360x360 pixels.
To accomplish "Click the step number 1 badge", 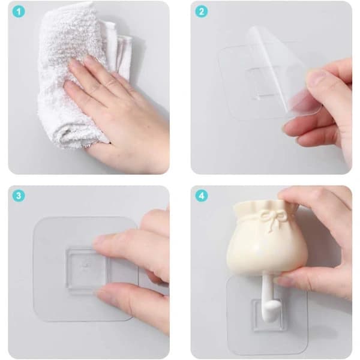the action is [x=19, y=12].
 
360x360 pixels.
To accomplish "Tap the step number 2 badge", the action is [x=202, y=12].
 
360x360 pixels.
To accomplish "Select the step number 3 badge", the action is [x=19, y=196].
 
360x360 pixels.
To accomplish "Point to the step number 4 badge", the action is [x=202, y=196].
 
